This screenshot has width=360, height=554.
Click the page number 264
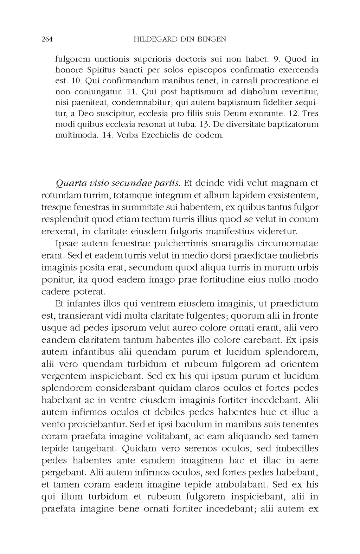click(x=47, y=39)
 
